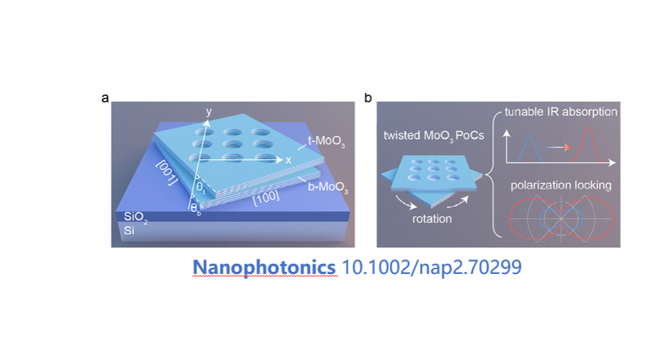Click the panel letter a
click(x=105, y=98)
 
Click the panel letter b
click(x=368, y=98)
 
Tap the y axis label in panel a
click(x=209, y=112)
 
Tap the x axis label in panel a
click(x=289, y=160)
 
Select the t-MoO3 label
click(x=326, y=141)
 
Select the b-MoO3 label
click(x=328, y=187)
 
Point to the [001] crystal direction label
click(x=167, y=171)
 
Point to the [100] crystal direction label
click(x=267, y=198)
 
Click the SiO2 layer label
click(x=136, y=218)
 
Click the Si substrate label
click(x=129, y=231)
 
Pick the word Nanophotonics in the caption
click(x=264, y=267)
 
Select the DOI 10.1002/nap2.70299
click(x=432, y=267)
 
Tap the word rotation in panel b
click(x=432, y=219)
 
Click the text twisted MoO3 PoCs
click(x=434, y=136)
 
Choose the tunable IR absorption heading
click(x=561, y=112)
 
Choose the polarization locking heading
click(x=561, y=185)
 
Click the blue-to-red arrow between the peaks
click(x=558, y=147)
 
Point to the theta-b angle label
click(x=195, y=209)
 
